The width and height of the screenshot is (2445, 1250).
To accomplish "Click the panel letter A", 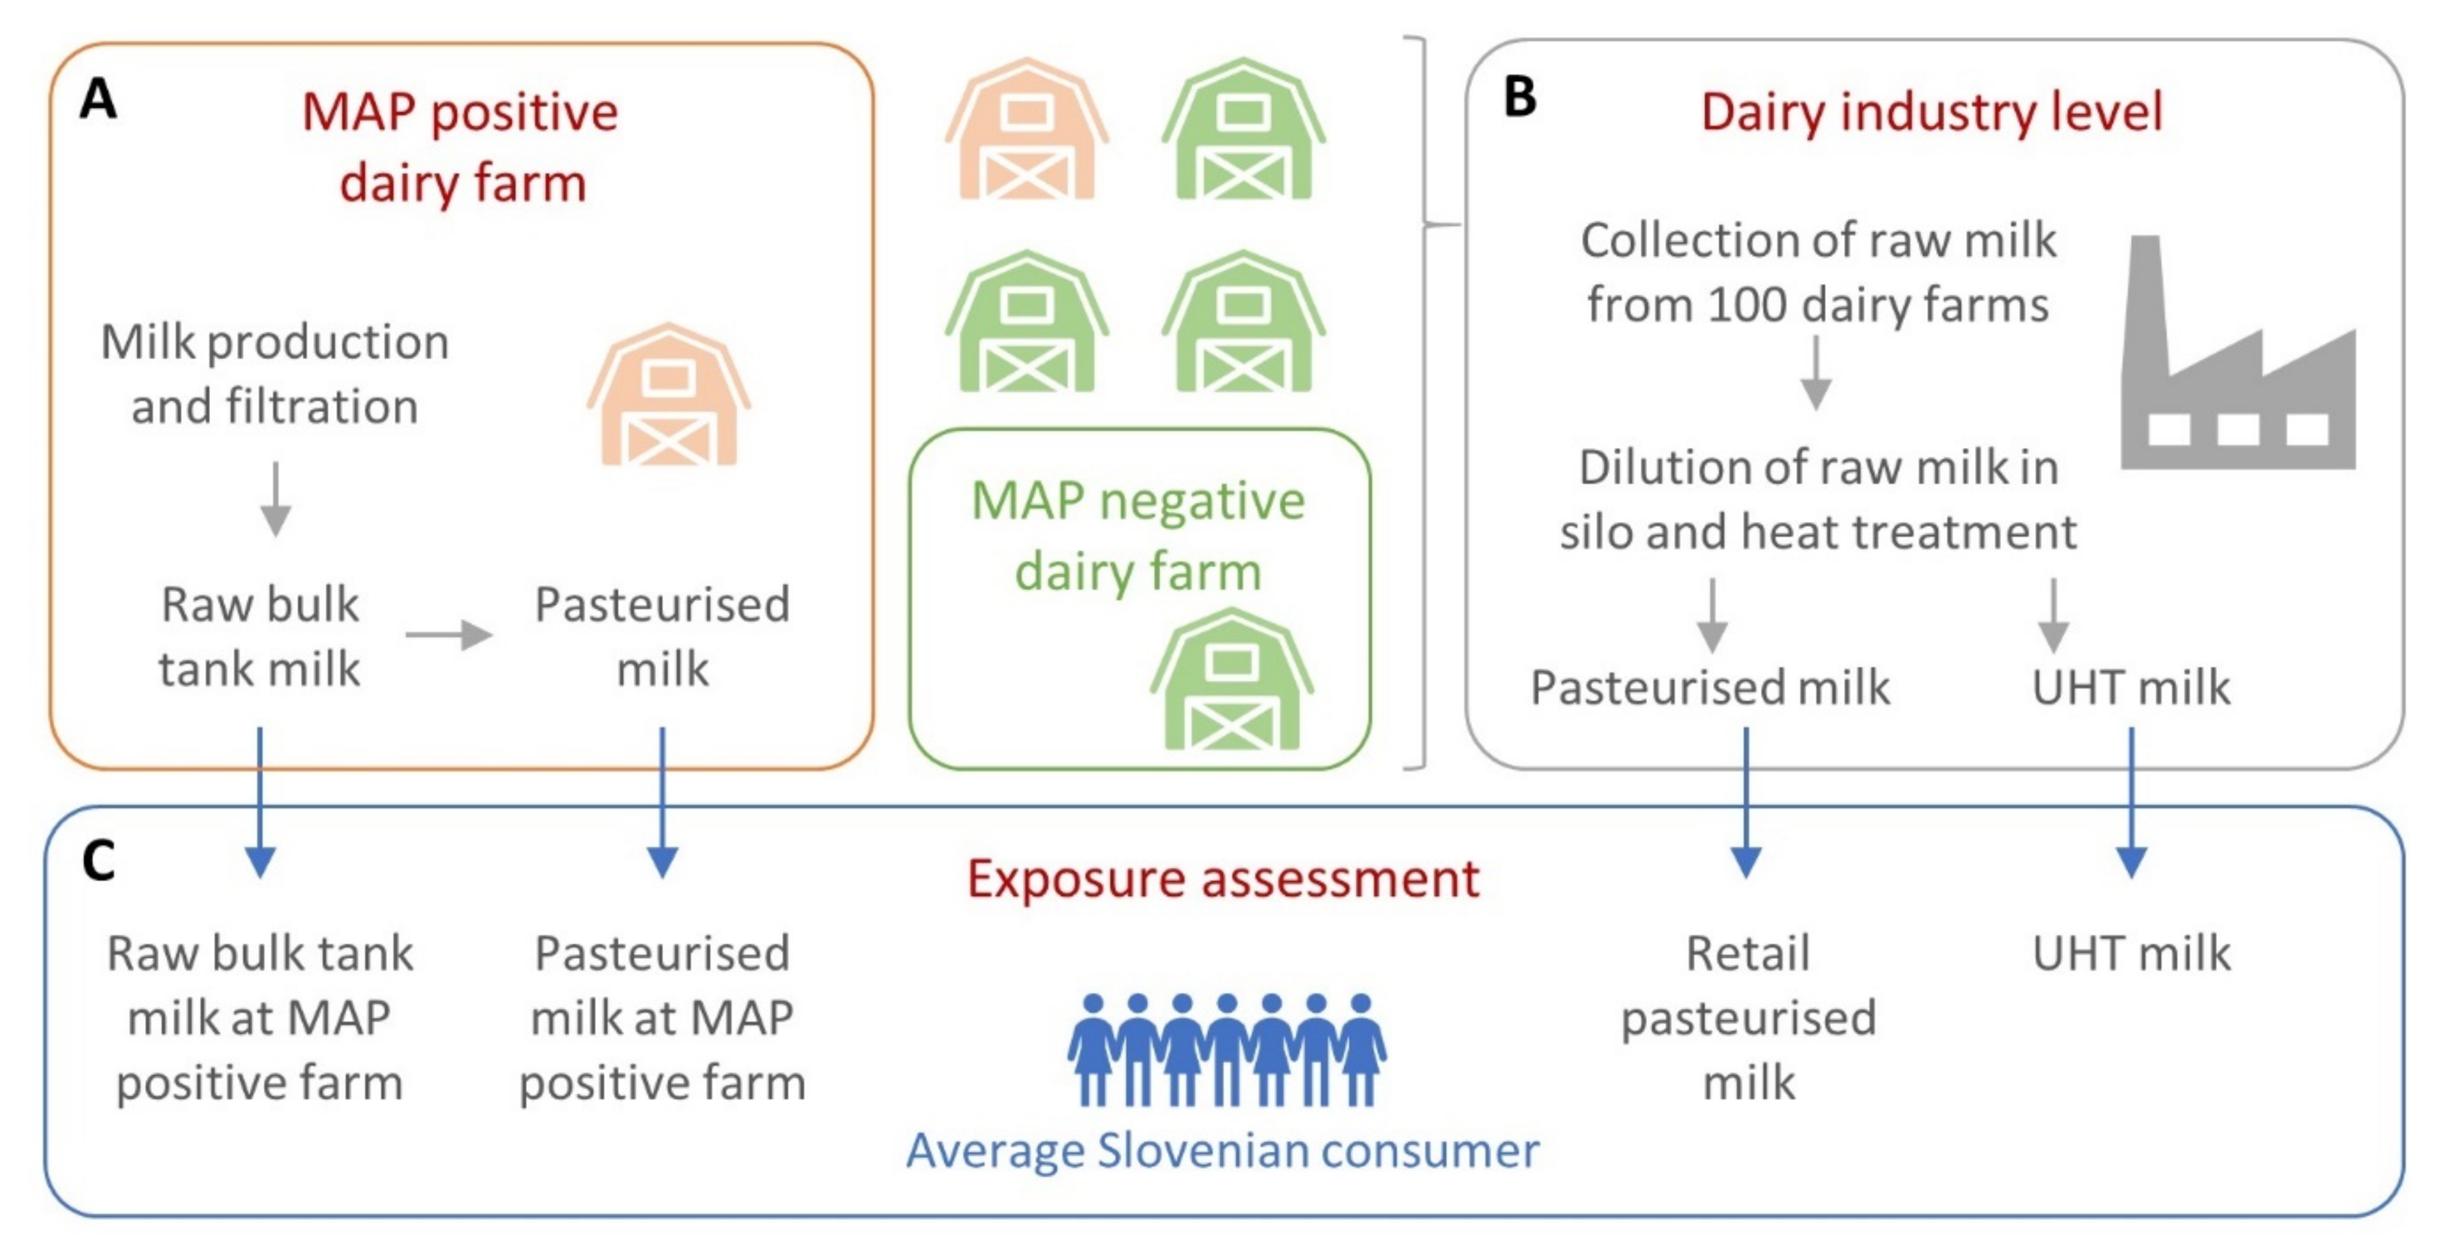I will coord(99,99).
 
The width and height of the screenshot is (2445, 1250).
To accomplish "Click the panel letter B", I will coord(1519,97).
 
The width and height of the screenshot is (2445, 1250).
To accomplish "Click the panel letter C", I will coord(99,862).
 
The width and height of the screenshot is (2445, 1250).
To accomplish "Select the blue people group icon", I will coord(1226,1050).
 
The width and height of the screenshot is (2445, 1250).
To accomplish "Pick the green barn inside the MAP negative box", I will coord(1231,681).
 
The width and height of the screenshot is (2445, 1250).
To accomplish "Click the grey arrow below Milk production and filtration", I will coord(275,499).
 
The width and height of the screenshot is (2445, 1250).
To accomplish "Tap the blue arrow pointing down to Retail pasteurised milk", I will coord(1746,802).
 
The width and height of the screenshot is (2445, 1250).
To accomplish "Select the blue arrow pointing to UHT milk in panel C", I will coord(2132,802).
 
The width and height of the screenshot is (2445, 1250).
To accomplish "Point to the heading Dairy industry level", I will coord(1932,112).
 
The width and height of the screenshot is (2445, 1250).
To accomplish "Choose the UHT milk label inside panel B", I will coord(2131,687).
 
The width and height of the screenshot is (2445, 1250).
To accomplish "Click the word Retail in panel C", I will coord(1748,953).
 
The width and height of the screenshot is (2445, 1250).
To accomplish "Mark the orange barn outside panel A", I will coord(1026,130).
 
